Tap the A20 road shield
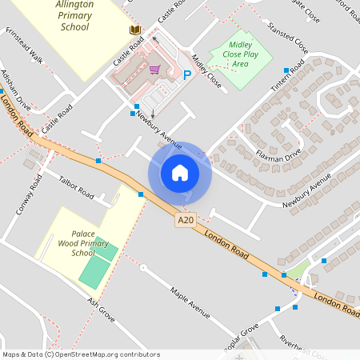186,220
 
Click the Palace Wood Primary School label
83,242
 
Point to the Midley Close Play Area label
240,53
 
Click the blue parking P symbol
187,75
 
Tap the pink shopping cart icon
154,70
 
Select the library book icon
135,30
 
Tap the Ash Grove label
102,309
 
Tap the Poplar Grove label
241,331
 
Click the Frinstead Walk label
24,47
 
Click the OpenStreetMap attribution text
81,354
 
